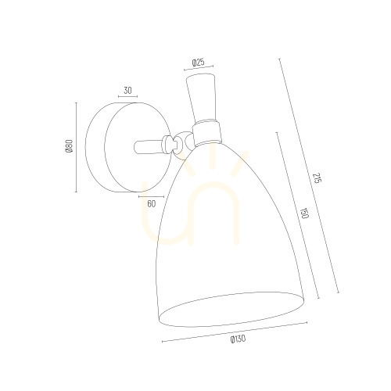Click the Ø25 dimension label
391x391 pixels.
click(198, 63)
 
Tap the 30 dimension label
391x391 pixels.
click(127, 91)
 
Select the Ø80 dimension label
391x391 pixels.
click(69, 146)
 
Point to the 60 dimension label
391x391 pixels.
click(152, 203)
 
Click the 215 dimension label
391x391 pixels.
click(316, 178)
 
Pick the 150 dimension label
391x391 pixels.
click(304, 213)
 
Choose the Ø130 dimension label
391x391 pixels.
click(238, 339)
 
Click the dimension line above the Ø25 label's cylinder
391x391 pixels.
click(199, 68)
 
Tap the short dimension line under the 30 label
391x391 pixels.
click(127, 97)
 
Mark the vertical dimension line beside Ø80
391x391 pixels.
click(76, 147)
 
